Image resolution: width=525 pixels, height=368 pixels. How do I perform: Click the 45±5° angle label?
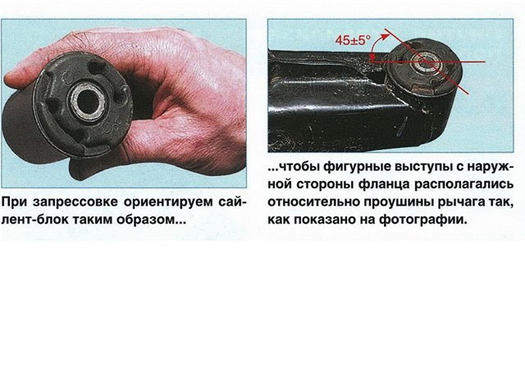(354, 40)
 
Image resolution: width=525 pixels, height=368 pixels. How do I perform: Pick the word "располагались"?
(464, 184)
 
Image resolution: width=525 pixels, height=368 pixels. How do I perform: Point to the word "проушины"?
(396, 202)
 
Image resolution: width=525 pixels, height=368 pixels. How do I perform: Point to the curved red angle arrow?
(376, 44)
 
